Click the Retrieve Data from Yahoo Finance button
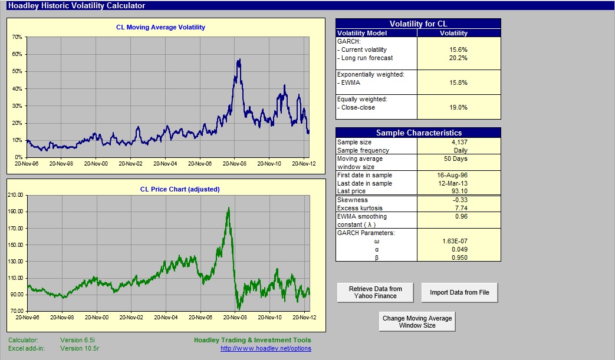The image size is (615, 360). (376, 293)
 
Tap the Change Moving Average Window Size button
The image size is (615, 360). (417, 322)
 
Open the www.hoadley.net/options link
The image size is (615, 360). (266, 348)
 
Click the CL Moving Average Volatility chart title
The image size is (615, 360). (160, 28)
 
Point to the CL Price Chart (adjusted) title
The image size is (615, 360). (180, 189)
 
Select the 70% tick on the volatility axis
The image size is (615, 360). (17, 37)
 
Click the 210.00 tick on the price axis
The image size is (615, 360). (16, 194)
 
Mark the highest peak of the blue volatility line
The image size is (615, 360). (239, 60)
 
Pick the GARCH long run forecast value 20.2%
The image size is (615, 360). (458, 58)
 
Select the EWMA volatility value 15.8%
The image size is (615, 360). (458, 82)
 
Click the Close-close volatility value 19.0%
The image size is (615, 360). (458, 107)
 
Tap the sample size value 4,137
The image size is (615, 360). (459, 142)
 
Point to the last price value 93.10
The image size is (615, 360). (460, 191)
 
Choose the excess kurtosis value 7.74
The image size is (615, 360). (461, 208)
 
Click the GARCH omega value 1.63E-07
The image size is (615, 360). (455, 242)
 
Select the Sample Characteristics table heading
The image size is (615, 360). (419, 133)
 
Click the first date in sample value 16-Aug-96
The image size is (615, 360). (452, 175)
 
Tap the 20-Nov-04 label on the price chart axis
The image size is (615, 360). (166, 318)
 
